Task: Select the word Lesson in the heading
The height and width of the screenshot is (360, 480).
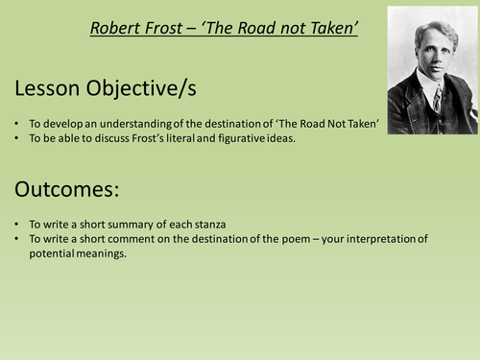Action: (x=49, y=88)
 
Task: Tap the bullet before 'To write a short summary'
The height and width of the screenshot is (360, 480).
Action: (x=17, y=225)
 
